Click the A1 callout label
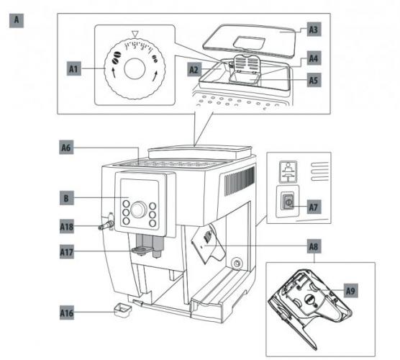tap(74, 68)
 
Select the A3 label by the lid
tap(314, 30)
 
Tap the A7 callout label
tap(314, 207)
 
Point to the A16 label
tap(67, 312)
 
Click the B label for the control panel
tap(67, 198)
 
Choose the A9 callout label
tap(351, 291)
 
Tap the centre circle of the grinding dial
tap(135, 68)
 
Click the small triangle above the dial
tap(135, 34)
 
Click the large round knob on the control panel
tap(139, 210)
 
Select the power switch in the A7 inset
tap(288, 202)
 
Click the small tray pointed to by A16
tap(122, 310)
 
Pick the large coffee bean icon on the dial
tap(116, 58)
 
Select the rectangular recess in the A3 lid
tap(249, 42)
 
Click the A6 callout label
tap(66, 147)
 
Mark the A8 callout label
tap(314, 246)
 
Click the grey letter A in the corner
tap(17, 20)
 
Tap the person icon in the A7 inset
tap(288, 171)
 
